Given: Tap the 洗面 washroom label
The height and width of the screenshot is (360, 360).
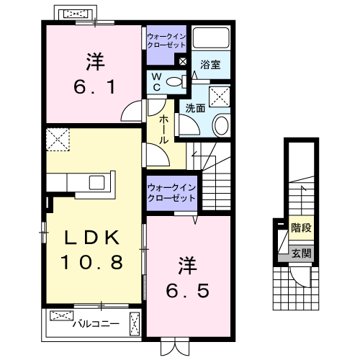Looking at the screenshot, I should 194,108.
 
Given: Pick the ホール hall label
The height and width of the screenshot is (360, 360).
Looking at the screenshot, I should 165,127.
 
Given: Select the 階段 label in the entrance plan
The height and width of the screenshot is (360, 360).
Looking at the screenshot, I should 301,227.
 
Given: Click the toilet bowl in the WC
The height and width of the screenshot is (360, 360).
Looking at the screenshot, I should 173,82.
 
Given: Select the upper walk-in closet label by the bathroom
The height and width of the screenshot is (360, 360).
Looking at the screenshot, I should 166,40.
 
